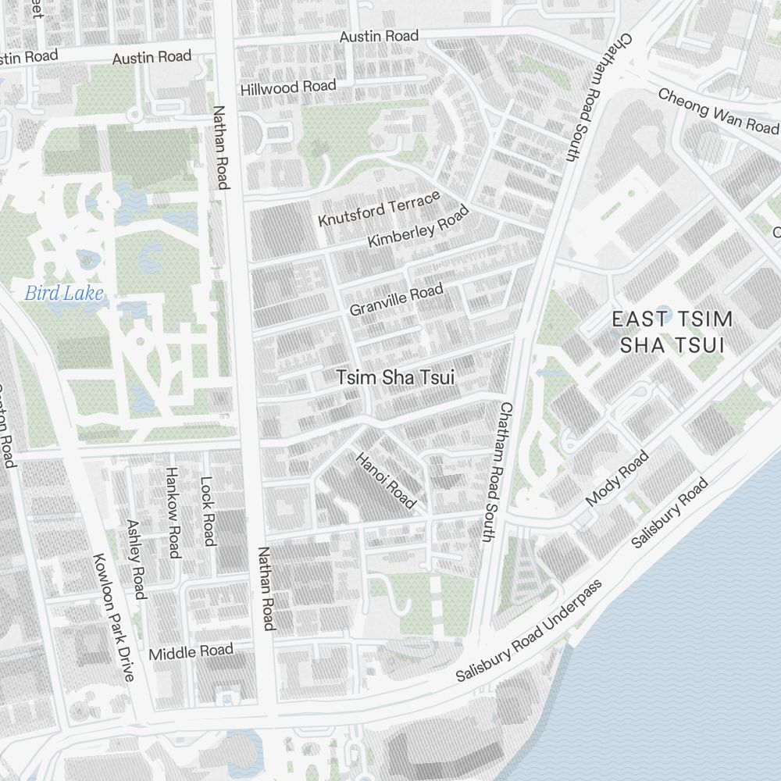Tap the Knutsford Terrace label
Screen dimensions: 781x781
point(380,209)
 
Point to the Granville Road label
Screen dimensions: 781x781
point(396,300)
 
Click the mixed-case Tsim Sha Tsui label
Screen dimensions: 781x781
point(395,377)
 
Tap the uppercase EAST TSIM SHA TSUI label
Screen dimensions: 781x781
point(672,331)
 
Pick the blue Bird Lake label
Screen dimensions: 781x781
point(64,294)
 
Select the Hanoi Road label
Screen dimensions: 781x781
point(386,480)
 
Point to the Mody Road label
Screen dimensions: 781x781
point(617,478)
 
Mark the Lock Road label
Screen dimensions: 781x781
point(208,512)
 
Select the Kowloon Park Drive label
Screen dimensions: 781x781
point(114,617)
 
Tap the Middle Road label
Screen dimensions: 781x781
point(191,651)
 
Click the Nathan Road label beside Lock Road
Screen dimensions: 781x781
point(266,588)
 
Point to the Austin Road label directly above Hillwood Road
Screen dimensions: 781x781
point(379,36)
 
